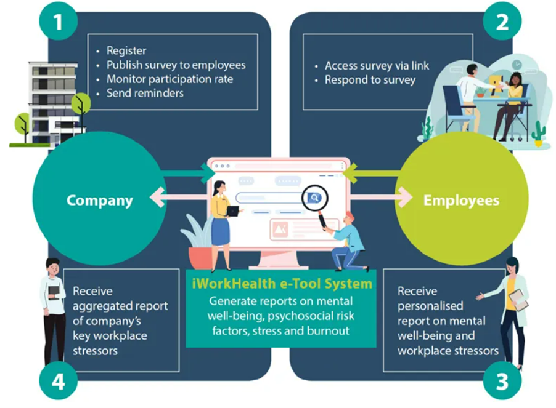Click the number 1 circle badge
[x=59, y=22]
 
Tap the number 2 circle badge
[x=502, y=22]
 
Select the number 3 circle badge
[x=502, y=381]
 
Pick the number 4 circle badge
[x=59, y=381]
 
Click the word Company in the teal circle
[x=100, y=201]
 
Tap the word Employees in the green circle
[x=461, y=200]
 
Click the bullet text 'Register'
[x=126, y=50]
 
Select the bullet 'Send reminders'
[x=145, y=93]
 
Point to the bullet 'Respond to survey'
[x=370, y=80]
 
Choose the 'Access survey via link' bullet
[x=377, y=65]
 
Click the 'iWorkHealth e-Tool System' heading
[x=282, y=284]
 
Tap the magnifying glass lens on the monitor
[x=314, y=198]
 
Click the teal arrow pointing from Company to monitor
[x=187, y=173]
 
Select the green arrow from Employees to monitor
[x=372, y=174]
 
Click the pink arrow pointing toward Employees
[x=381, y=197]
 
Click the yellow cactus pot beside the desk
[x=538, y=143]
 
